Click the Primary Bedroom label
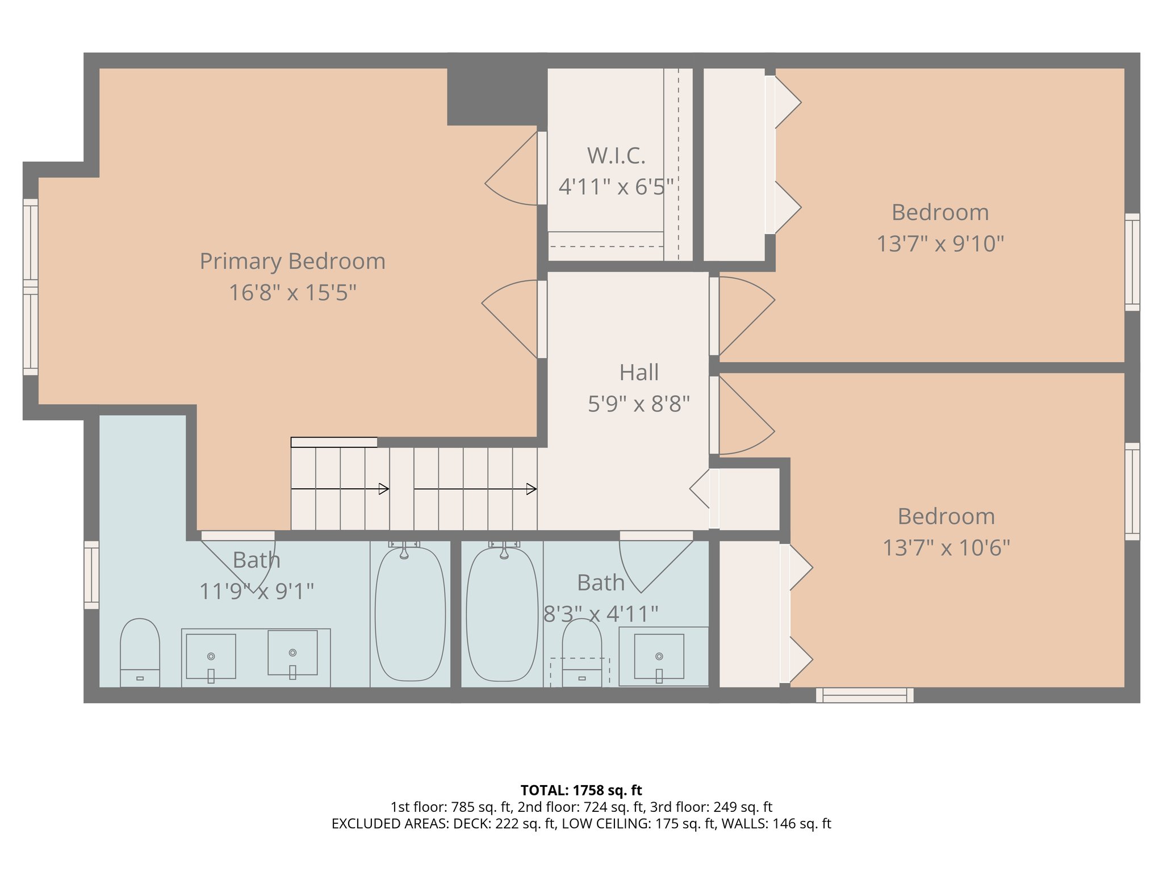coord(292,262)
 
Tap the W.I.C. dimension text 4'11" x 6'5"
coord(616,187)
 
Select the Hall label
coord(639,373)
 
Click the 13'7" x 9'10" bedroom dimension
coord(940,244)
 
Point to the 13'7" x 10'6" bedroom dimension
coord(946,548)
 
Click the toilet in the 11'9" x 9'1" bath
coord(140,653)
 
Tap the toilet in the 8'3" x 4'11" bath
coord(581,653)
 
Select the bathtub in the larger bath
coord(410,613)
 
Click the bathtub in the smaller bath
coord(502,613)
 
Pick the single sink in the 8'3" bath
coord(659,656)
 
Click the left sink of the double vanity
coord(211,656)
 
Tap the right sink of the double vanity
coord(292,653)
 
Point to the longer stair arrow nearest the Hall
coord(475,489)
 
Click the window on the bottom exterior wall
coord(864,695)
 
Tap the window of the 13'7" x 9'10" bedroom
coord(1132,262)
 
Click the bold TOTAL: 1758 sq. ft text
coord(581,790)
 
